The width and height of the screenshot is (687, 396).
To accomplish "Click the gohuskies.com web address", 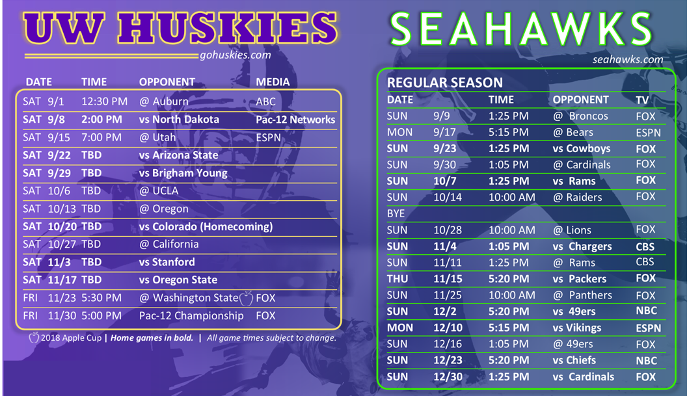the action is point(236,55).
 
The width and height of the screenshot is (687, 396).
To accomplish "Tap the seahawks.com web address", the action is point(628,60).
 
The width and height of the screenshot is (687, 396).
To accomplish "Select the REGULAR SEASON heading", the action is point(445,83).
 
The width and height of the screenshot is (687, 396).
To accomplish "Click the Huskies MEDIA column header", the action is point(273,82).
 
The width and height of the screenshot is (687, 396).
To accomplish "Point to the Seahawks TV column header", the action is point(642,100).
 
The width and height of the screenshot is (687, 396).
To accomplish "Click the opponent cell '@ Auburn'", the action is point(164,101).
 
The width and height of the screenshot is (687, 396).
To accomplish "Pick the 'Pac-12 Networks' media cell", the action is point(295,120).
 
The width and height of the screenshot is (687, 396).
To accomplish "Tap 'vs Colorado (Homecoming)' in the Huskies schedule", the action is point(206,226).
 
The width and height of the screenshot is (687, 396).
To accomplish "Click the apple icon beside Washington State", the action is point(246,298).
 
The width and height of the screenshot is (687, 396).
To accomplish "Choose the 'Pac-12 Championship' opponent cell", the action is point(191,315).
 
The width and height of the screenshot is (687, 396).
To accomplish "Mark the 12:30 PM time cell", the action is point(104,101).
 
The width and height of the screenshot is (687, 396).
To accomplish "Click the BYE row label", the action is point(396,214).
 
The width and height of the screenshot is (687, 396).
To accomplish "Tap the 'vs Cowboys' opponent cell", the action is point(582,148).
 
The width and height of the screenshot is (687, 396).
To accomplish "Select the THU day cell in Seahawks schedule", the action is point(397,278).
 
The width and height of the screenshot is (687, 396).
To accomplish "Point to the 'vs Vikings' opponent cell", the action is point(577,328).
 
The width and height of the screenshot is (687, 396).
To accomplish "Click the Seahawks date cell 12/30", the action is point(448,376).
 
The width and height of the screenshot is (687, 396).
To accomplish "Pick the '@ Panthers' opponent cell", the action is point(582,295).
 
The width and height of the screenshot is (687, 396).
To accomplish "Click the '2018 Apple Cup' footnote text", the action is point(71,337).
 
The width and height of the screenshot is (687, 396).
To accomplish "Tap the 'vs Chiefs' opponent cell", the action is point(574,360).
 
